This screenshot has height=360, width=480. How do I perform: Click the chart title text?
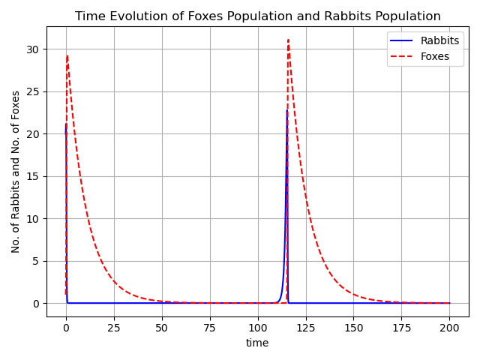coord(257,16)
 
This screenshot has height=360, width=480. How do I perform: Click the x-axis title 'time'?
coord(257,343)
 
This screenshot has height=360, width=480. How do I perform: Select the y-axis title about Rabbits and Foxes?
coord(16,172)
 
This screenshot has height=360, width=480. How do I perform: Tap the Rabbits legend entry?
coord(439,41)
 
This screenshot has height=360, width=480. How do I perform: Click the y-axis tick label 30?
coord(34,49)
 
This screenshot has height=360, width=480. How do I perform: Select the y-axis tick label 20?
coord(34,134)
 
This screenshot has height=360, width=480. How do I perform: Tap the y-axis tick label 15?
coord(34,176)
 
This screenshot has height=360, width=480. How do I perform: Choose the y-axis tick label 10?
coord(34,219)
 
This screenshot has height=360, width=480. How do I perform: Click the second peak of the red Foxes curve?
coord(288,40)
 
